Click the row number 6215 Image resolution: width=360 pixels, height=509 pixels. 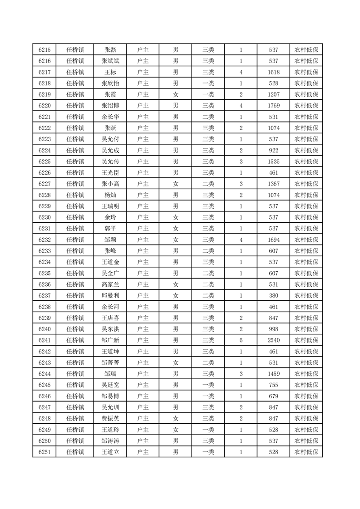coord(44,50)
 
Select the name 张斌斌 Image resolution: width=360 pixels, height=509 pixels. coord(110,61)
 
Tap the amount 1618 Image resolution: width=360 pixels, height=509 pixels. coord(273,73)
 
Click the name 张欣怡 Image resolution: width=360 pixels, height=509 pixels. coord(110,83)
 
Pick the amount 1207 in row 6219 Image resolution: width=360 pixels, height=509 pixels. coord(273,95)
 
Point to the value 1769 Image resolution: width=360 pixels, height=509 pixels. coord(273,106)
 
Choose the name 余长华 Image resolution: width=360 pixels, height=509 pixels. coord(110,117)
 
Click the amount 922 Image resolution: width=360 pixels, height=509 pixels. coord(273,151)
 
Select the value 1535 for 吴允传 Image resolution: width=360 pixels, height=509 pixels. coord(273,162)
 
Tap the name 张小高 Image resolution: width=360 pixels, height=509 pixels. coord(110,184)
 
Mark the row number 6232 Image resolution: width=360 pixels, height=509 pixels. coord(44,240)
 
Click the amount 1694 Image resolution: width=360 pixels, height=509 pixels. coord(273,240)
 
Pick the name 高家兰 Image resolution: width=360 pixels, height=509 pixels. coord(110,284)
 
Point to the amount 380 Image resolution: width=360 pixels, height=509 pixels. coord(273,295)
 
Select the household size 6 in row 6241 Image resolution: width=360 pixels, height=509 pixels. coord(241,340)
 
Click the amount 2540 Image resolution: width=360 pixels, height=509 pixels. coord(273,340)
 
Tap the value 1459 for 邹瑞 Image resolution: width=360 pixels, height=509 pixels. coord(273,374)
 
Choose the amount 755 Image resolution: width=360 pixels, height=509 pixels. coord(273,385)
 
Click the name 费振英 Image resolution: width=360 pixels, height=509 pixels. coord(110,418)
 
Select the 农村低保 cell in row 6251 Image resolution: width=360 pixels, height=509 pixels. coord(306,452)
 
